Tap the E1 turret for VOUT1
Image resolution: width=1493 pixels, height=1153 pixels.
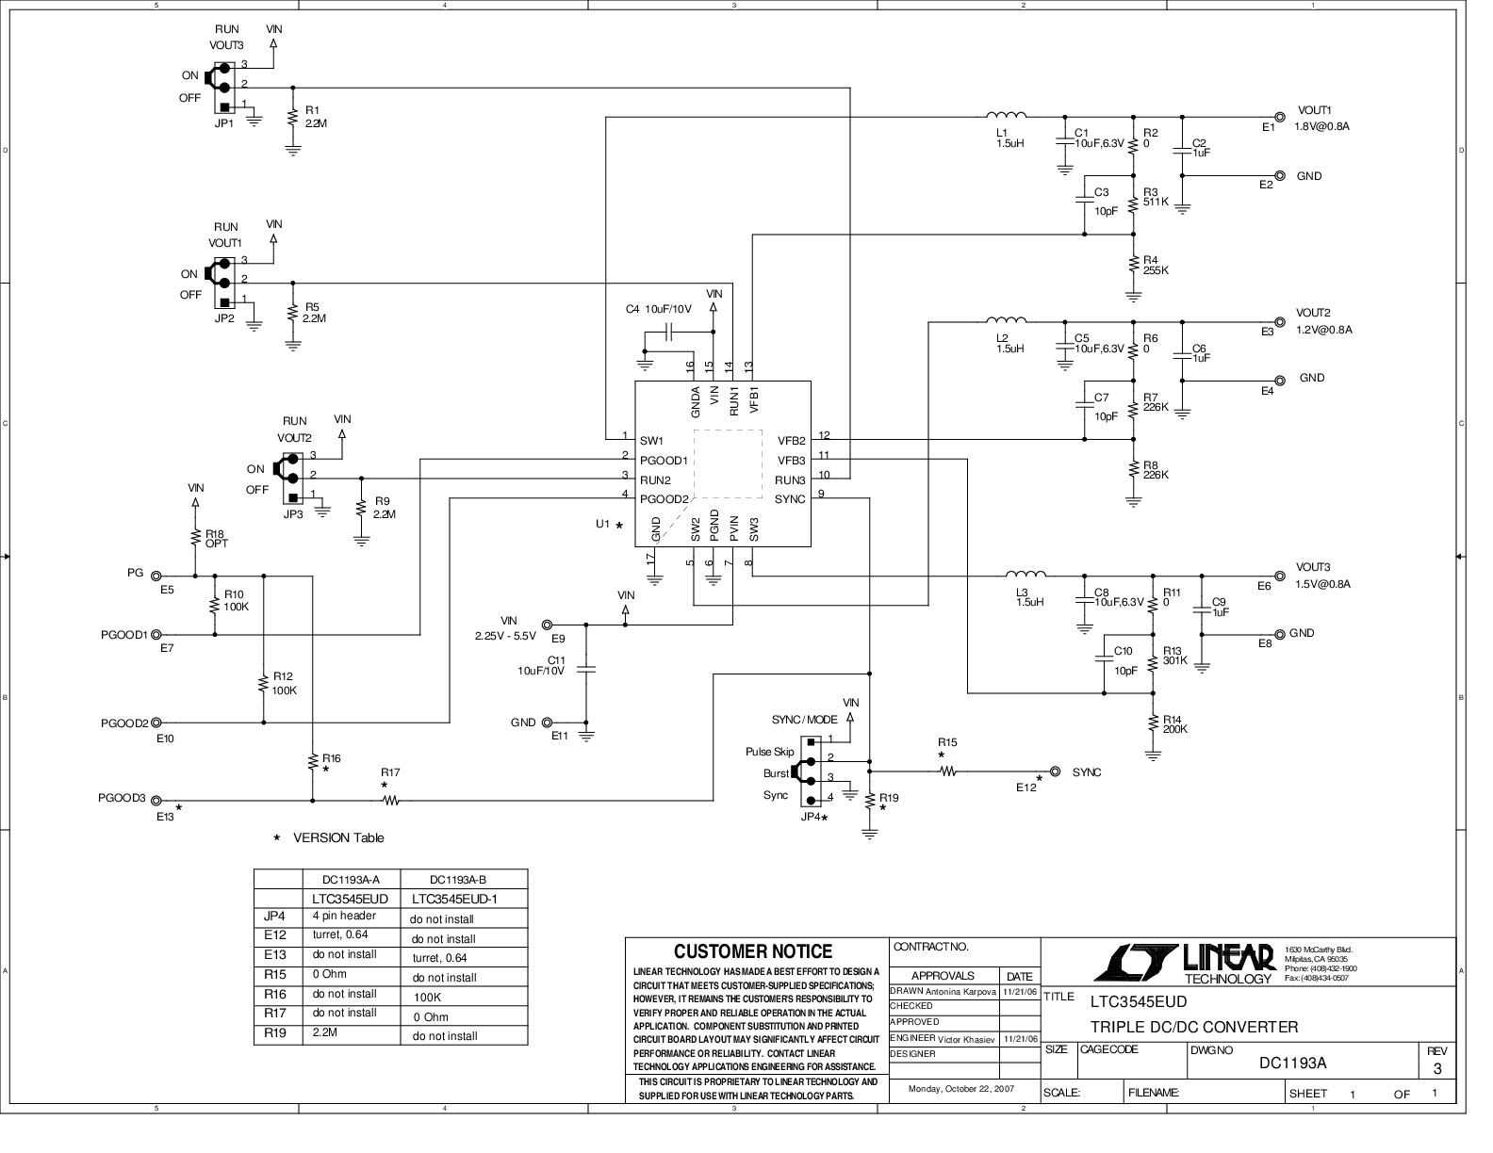click(x=1279, y=117)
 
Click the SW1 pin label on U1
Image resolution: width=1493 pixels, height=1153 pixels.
click(x=651, y=441)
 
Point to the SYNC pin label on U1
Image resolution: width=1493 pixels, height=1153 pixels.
click(x=790, y=499)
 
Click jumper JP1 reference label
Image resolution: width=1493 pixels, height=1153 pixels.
click(x=223, y=123)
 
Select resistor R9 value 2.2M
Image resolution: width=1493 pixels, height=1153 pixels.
click(x=385, y=515)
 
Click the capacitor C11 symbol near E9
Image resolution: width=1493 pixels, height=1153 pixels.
click(x=585, y=668)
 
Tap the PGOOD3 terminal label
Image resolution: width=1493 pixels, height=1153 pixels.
click(x=122, y=798)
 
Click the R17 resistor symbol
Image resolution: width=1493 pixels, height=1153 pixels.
click(x=390, y=801)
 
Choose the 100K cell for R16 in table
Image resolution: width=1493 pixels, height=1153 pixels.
click(x=427, y=997)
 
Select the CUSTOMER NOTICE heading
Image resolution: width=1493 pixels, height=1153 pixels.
click(x=753, y=952)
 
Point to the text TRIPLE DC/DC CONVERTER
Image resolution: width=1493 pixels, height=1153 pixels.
click(x=1193, y=1027)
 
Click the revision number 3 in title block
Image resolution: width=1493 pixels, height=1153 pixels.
click(x=1436, y=1069)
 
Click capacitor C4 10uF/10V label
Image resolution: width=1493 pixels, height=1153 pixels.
click(x=658, y=309)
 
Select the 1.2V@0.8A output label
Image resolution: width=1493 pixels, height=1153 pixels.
click(x=1323, y=330)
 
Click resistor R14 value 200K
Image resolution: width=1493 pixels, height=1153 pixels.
click(x=1174, y=729)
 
